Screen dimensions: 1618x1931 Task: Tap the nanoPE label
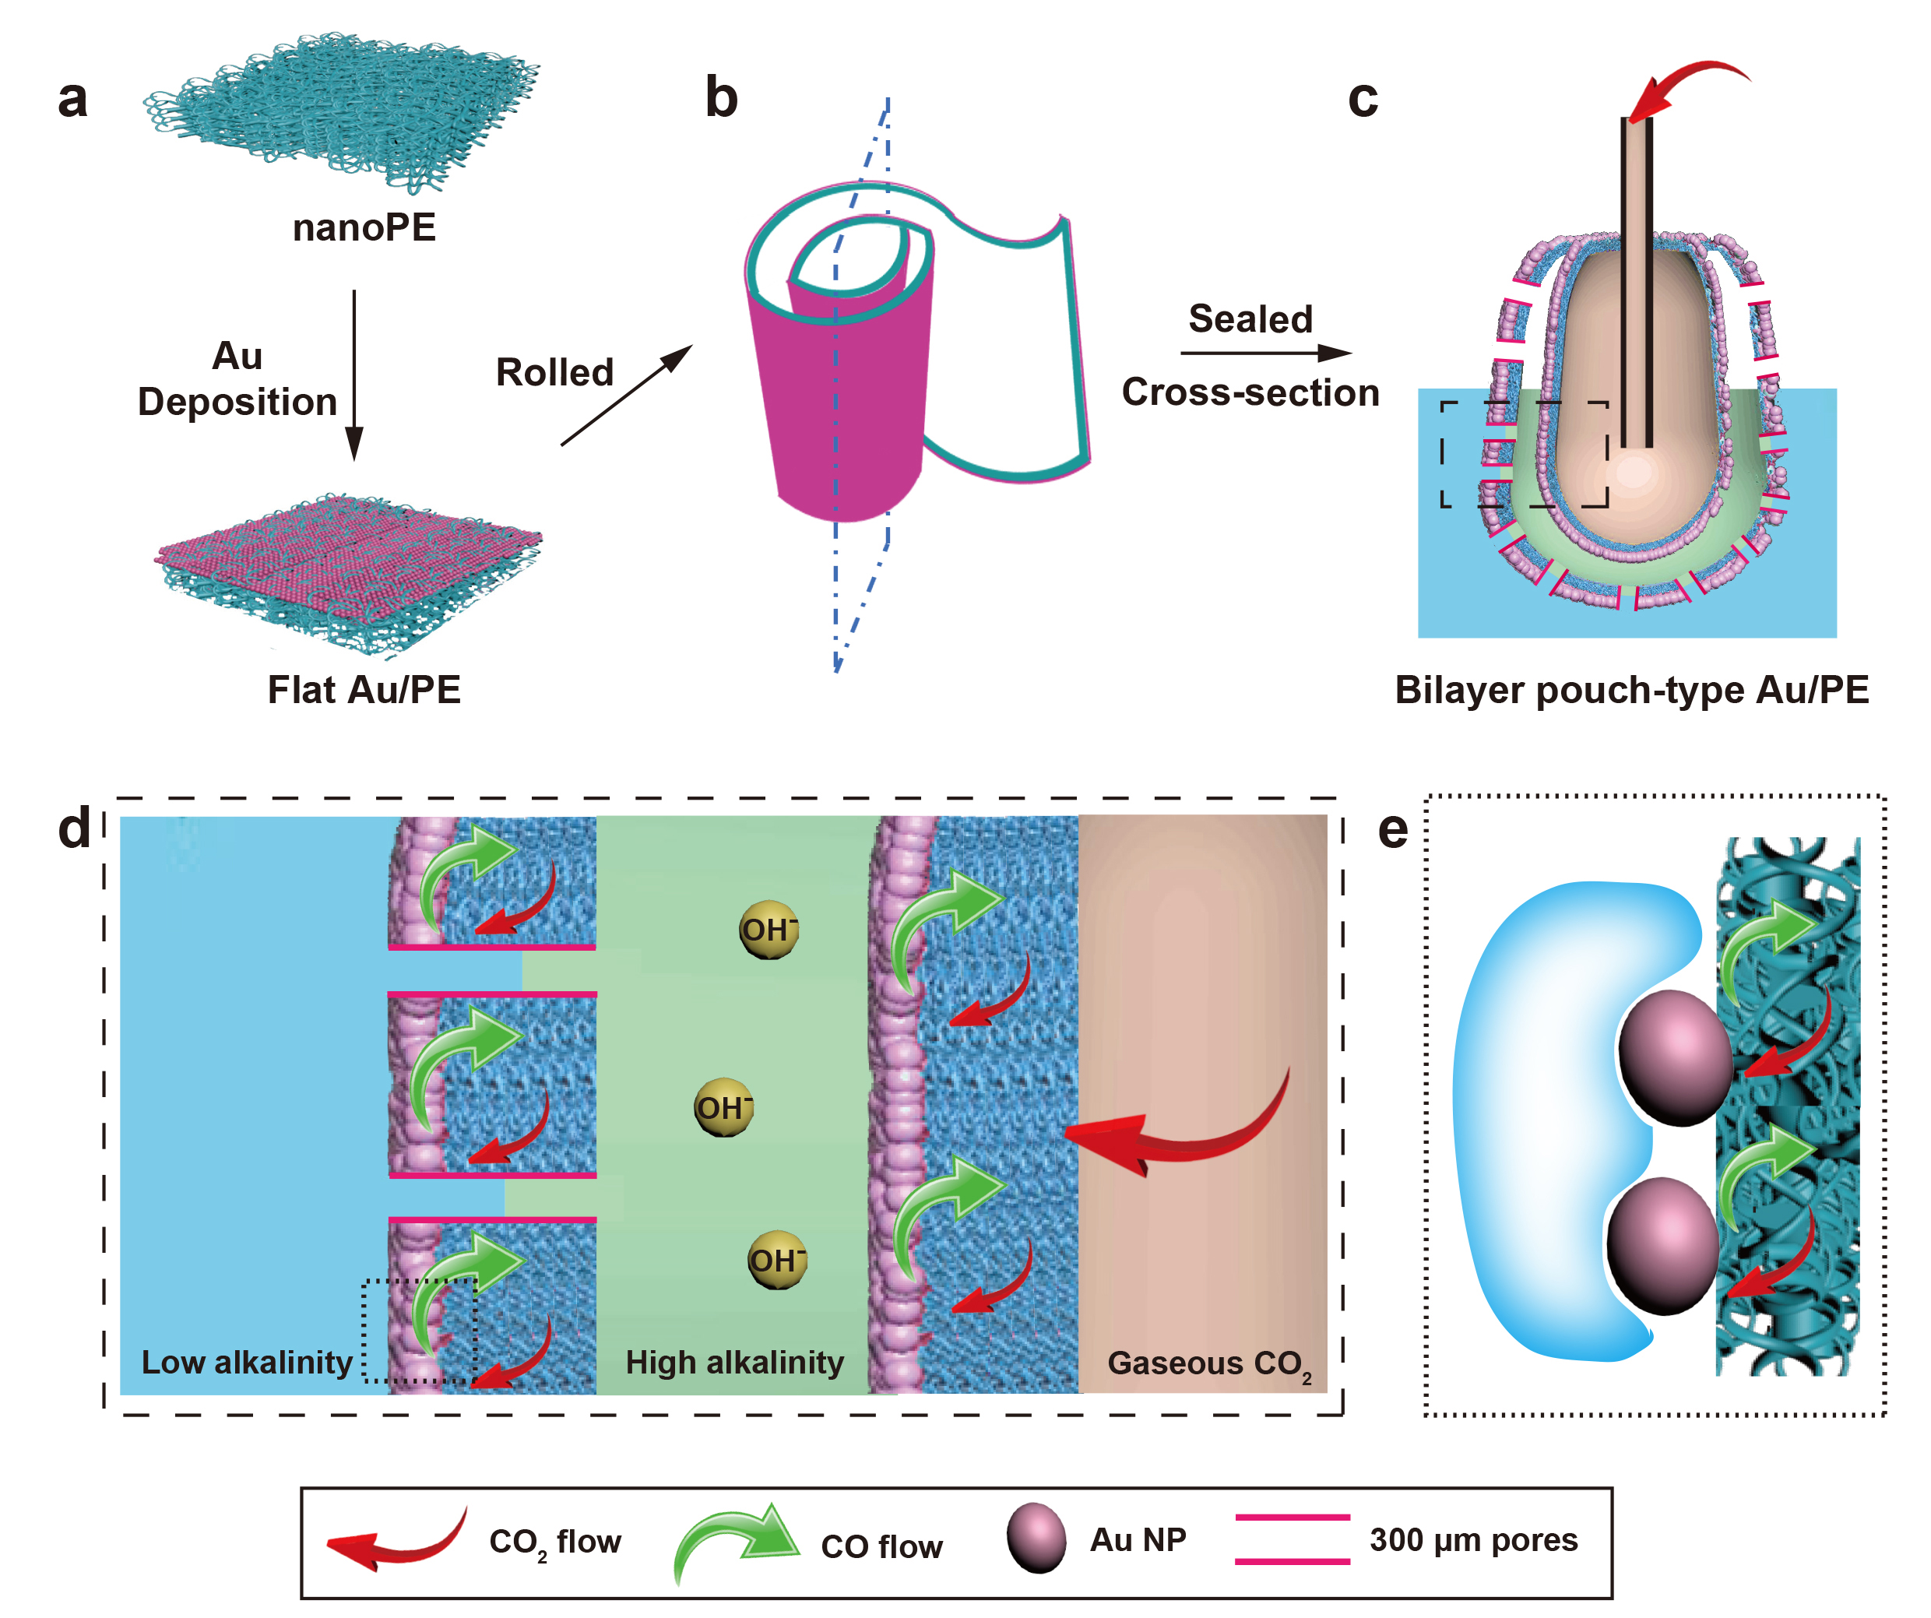pyautogui.click(x=364, y=227)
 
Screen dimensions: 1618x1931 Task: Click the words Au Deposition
pyautogui.click(x=237, y=378)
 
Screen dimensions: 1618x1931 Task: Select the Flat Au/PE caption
pyautogui.click(x=364, y=690)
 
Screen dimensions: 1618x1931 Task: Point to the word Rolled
pyautogui.click(x=554, y=372)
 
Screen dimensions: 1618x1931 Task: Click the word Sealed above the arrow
pyautogui.click(x=1250, y=319)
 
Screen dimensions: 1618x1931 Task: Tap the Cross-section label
pyautogui.click(x=1250, y=392)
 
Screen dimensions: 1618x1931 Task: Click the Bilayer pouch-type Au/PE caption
pyautogui.click(x=1632, y=690)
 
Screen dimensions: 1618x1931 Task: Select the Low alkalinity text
pyautogui.click(x=246, y=1362)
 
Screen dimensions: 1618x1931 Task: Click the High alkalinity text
pyautogui.click(x=735, y=1362)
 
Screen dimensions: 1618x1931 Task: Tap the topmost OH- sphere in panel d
pyautogui.click(x=769, y=930)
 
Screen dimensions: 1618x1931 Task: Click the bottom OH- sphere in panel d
pyautogui.click(x=777, y=1260)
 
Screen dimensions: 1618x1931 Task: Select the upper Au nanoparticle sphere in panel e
pyautogui.click(x=1676, y=1057)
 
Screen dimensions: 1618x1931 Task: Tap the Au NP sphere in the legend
pyautogui.click(x=1036, y=1538)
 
